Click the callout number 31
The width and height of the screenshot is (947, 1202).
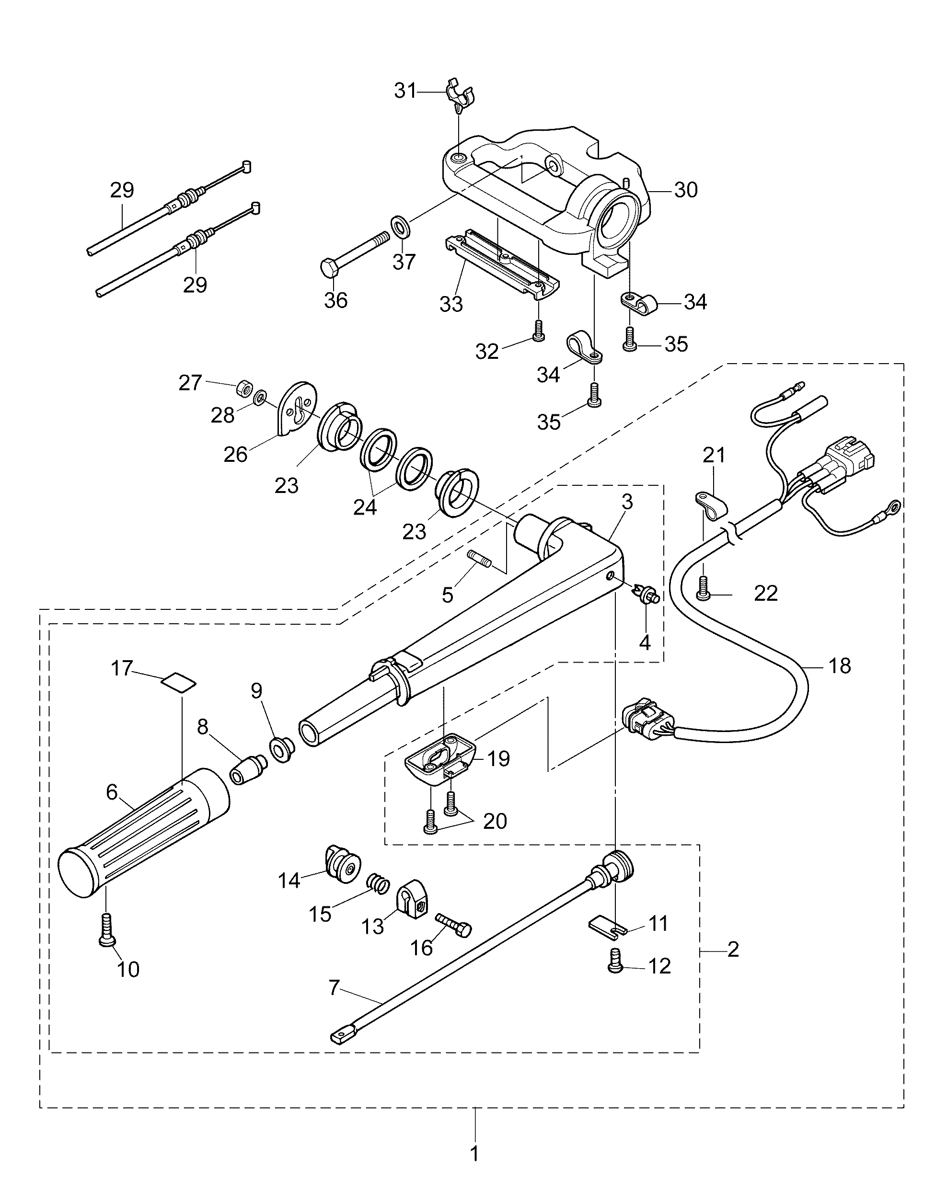click(x=405, y=91)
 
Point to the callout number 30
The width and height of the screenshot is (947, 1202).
click(x=686, y=190)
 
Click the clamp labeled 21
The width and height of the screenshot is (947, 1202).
click(x=707, y=504)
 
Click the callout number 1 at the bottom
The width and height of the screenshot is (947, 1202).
click(x=474, y=1154)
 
